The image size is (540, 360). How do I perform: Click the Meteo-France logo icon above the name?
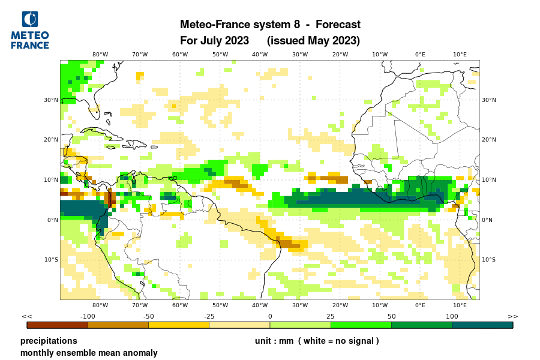coord(29,20)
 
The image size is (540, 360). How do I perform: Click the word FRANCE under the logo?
coord(30,46)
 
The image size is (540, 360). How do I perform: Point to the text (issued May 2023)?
coord(313,41)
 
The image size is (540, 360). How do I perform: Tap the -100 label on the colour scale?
coord(88,316)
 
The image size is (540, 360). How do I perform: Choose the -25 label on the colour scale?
coord(209,316)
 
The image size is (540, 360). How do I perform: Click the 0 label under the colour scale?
coord(270,316)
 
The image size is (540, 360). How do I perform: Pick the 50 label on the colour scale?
coord(391,316)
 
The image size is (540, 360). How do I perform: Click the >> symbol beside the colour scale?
coord(513,316)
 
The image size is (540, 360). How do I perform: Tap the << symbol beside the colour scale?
coord(26,316)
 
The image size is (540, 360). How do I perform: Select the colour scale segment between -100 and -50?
coord(118,325)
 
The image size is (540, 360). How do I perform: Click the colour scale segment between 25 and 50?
coord(361,325)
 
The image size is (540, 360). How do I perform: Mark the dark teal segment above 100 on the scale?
coord(482,325)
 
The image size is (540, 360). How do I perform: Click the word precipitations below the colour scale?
coord(49,341)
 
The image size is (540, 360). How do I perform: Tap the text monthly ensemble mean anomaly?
coord(89,353)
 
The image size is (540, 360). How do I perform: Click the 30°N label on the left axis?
coord(52,100)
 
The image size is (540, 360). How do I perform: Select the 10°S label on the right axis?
coord(488,260)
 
